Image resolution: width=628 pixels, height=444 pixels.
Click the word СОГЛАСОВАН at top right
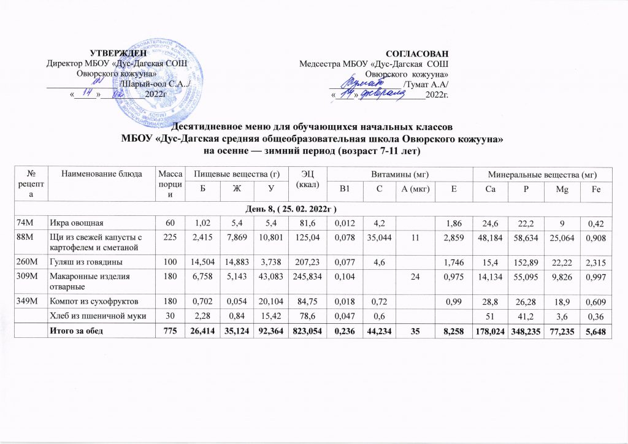tap(418, 53)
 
